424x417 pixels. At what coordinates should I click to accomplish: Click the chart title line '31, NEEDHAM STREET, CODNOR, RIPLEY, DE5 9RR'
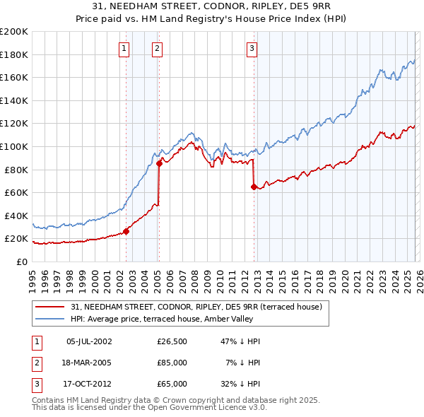(212, 6)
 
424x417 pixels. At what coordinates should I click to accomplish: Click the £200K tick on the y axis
(14, 32)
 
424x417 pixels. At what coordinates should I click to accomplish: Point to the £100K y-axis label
(14, 146)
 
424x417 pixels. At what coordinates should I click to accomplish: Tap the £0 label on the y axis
(23, 262)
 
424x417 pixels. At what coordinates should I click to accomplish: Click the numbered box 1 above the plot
(124, 49)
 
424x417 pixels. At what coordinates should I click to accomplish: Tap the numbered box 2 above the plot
(157, 49)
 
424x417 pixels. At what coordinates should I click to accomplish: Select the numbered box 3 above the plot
(252, 49)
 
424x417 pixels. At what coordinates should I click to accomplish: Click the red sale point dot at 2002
(126, 231)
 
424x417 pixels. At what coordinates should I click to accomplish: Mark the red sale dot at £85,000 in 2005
(159, 164)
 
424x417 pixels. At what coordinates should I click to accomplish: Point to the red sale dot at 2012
(254, 187)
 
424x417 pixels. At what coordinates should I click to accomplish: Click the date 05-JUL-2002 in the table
(89, 341)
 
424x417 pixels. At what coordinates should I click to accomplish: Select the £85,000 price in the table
(172, 363)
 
